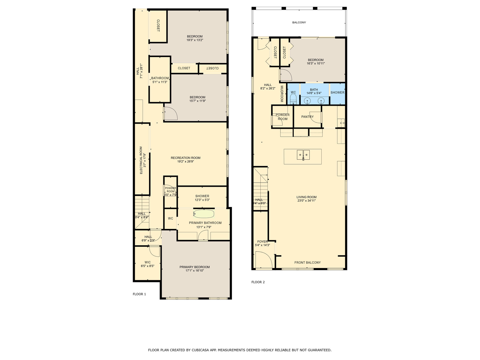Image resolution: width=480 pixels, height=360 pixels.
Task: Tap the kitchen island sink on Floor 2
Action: [303, 155]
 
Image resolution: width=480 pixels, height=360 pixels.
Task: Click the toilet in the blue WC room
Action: [293, 99]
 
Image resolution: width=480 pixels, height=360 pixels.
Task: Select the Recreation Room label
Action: [185, 158]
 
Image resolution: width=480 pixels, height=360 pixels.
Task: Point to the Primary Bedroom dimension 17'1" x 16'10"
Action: [195, 271]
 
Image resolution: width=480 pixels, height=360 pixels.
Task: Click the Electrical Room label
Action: [141, 160]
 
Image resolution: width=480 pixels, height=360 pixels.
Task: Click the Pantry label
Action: [307, 117]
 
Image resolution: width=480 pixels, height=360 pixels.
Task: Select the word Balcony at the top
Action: [299, 23]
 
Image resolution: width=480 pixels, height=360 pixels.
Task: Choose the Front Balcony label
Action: [307, 263]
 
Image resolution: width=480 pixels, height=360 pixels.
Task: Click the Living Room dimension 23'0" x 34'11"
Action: [306, 201]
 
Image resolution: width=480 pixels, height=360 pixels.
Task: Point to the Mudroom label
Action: [282, 94]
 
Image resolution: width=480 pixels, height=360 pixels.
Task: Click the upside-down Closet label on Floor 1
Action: [212, 68]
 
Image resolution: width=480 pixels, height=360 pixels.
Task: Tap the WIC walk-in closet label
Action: [147, 262]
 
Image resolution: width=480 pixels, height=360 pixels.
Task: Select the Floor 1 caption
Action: [139, 294]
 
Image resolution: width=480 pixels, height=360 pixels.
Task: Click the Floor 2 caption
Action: [258, 282]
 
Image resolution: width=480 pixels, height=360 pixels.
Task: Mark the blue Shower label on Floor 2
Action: [337, 93]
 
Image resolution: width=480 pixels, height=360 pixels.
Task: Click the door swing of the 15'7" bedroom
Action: [171, 113]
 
